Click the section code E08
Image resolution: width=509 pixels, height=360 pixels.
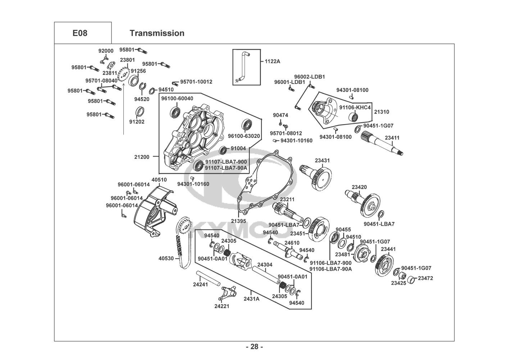pos(80,33)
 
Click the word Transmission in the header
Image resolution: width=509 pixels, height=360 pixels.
pos(157,33)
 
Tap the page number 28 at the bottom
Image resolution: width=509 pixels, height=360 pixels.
pos(254,347)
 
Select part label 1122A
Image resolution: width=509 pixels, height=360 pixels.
pos(272,61)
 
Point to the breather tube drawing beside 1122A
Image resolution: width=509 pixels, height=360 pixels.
pos(242,67)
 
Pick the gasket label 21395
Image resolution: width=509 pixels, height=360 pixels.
pos(238,221)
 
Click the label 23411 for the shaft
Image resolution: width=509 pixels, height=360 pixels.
pos(392,138)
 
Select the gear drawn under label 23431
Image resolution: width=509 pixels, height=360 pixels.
pos(317,176)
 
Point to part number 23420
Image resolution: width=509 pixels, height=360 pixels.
pos(359,187)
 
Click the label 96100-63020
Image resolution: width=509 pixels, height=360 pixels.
pos(244,136)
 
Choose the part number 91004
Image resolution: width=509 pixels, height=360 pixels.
pos(238,148)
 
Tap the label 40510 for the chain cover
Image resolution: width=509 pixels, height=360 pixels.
pos(159,180)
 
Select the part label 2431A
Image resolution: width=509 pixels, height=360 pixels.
pos(251,298)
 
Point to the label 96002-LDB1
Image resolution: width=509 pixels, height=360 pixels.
pos(309,77)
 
